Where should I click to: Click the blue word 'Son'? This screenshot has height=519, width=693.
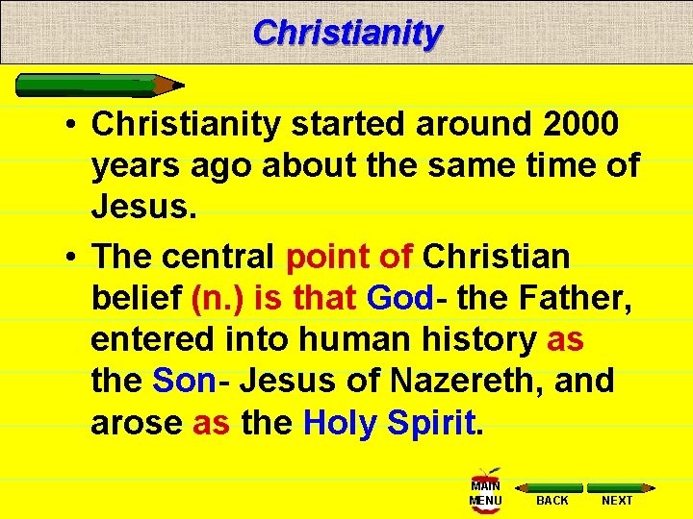tap(185, 381)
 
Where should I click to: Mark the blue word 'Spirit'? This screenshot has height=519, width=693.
tap(435, 422)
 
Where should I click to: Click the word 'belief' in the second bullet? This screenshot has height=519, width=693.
tap(136, 299)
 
